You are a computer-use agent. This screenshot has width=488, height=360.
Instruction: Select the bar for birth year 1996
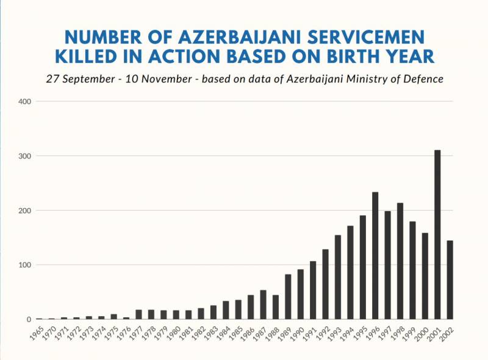coord(375,256)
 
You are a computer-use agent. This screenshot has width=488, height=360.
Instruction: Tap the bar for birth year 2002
coord(450,279)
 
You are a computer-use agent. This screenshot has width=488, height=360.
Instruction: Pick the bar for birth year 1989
coord(288,297)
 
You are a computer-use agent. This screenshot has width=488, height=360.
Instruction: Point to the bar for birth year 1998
coord(400,261)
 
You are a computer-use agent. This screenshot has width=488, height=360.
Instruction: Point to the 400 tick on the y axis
coord(25,101)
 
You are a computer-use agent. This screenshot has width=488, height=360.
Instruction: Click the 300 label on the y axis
coord(25,156)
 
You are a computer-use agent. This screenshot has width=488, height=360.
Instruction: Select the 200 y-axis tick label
coord(25,211)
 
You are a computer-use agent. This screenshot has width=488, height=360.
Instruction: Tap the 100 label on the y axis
coord(25,265)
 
